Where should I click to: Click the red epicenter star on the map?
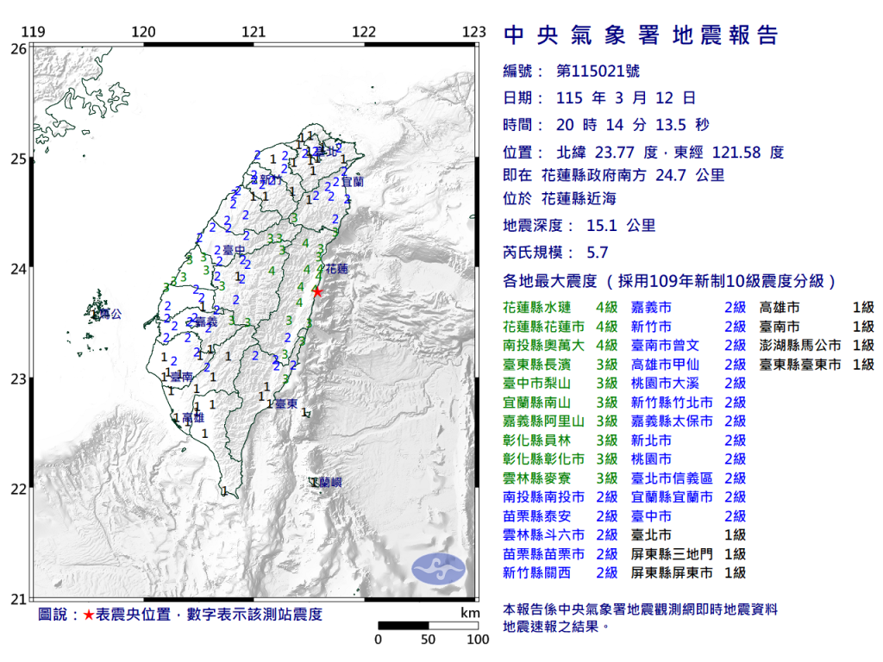[x=317, y=292]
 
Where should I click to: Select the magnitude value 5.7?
[x=597, y=253]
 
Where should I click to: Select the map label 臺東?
[x=285, y=403]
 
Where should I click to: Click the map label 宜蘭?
[x=353, y=183]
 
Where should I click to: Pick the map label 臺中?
[x=235, y=251]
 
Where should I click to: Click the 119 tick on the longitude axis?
[x=33, y=33]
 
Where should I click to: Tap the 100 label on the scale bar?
[x=478, y=640]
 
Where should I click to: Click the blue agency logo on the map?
[x=438, y=568]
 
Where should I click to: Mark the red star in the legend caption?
[x=88, y=615]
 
